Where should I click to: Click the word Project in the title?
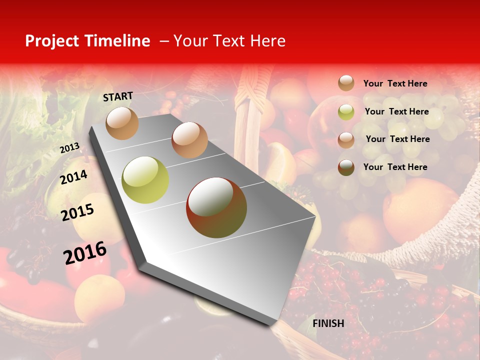pyautogui.click(x=52, y=41)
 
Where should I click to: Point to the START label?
pyautogui.click(x=118, y=96)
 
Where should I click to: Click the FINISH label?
pyautogui.click(x=328, y=323)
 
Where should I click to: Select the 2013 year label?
pyautogui.click(x=69, y=148)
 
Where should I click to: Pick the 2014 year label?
pyautogui.click(x=73, y=177)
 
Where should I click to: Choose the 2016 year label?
pyautogui.click(x=85, y=253)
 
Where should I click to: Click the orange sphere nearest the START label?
pyautogui.click(x=122, y=123)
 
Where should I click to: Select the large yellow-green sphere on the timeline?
pyautogui.click(x=145, y=180)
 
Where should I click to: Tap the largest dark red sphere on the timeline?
pyautogui.click(x=216, y=207)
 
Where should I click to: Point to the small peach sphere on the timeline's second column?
pyautogui.click(x=189, y=140)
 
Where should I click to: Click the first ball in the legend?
pyautogui.click(x=346, y=83)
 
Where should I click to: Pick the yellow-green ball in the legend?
pyautogui.click(x=346, y=112)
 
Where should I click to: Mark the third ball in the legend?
pyautogui.click(x=346, y=139)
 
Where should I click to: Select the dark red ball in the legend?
pyautogui.click(x=346, y=167)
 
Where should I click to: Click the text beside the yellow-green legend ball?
pyautogui.click(x=396, y=111)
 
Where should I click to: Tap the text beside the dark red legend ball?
pyautogui.click(x=395, y=167)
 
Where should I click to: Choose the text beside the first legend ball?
pyautogui.click(x=395, y=83)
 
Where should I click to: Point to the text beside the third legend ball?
pyautogui.click(x=397, y=139)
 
